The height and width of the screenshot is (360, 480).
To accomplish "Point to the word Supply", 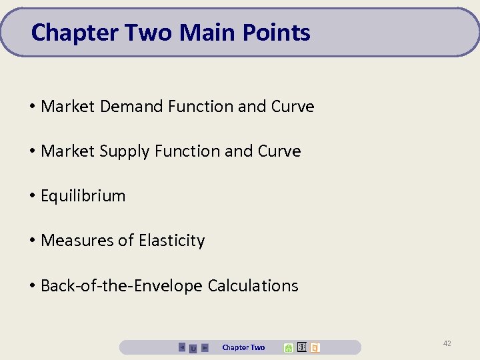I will pos(125,152).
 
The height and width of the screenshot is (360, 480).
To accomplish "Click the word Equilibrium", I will pos(83,196).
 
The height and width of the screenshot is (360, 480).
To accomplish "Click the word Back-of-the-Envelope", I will pos(121,286).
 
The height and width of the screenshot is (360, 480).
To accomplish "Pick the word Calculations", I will pos(253,286).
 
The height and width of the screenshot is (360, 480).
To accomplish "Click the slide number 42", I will pos(447,343).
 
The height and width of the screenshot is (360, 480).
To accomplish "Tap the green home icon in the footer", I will pos(288,347).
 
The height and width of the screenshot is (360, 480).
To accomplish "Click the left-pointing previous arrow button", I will pos(182,347).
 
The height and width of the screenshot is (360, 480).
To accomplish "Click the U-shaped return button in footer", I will pos(193,348).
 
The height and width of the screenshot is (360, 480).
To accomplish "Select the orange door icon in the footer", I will pos(315,347).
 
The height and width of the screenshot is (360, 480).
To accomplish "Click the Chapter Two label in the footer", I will pos(243,347).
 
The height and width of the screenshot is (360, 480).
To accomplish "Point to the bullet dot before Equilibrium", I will pos(32,196).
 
